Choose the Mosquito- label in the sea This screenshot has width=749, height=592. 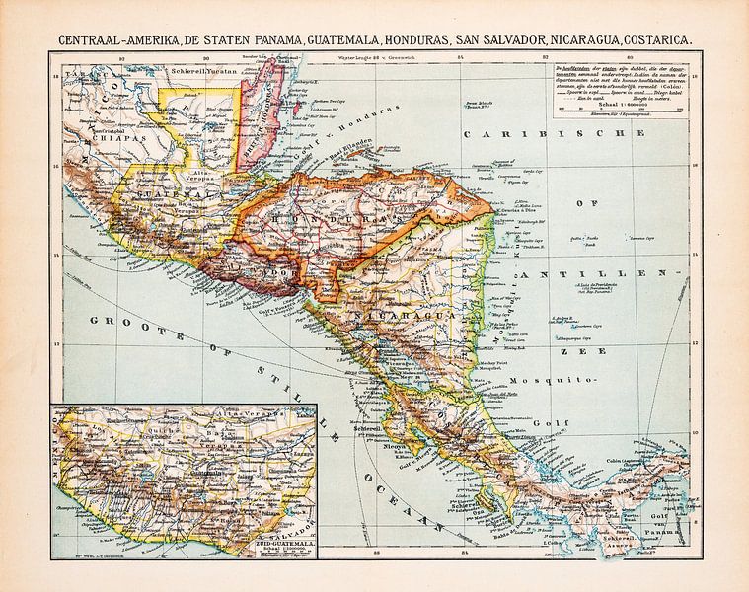pos(562,379)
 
